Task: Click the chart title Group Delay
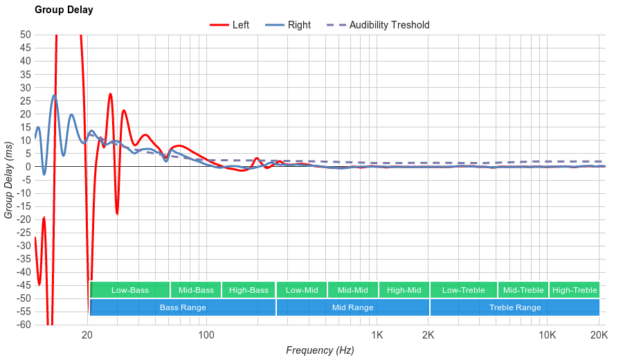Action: [x=64, y=10]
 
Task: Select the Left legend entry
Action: [x=240, y=25]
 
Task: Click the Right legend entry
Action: [x=299, y=25]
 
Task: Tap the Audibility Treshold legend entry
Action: [x=389, y=25]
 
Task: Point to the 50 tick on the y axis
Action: [x=25, y=35]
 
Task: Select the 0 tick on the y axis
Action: [x=28, y=166]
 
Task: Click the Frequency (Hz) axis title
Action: [x=320, y=350]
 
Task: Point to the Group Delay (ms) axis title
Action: [x=9, y=179]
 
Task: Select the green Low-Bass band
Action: [x=129, y=290]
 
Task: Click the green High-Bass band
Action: [x=249, y=290]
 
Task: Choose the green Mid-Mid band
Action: [x=352, y=290]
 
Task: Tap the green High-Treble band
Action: [x=575, y=290]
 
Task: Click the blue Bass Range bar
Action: [x=183, y=307]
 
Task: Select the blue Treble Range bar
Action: [x=515, y=307]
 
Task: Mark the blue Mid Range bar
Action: [x=352, y=307]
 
